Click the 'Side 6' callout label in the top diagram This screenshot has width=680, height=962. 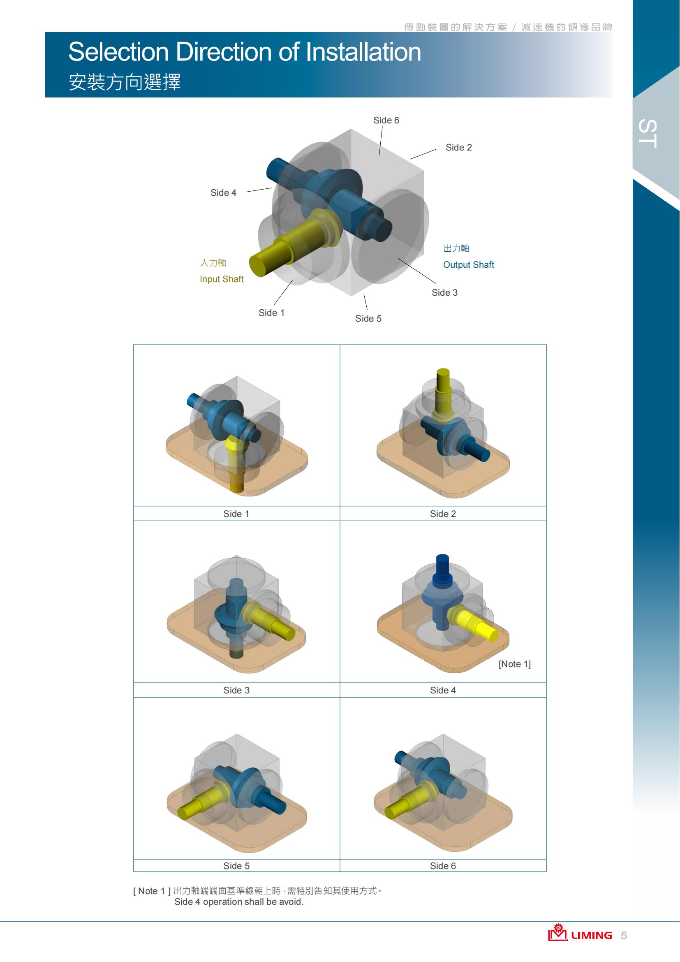coord(386,120)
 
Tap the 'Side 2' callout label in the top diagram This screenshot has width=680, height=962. coord(458,148)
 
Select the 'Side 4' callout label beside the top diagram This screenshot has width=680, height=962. coord(223,193)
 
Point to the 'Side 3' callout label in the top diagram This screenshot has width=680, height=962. coord(445,292)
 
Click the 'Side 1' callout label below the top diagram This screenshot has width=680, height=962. coord(271,313)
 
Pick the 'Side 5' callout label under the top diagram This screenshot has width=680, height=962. coord(368,318)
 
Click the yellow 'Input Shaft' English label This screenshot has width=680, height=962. coord(222,279)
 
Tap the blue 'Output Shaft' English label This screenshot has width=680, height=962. coord(469,265)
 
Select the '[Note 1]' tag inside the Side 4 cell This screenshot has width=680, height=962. coord(515,664)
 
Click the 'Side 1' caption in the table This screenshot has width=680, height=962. coord(236,514)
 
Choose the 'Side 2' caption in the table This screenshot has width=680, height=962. coord(443,514)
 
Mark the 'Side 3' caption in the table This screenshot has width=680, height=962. coord(236,690)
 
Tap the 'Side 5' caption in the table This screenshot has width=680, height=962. coord(236,866)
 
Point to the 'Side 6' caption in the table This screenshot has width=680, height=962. coord(443,866)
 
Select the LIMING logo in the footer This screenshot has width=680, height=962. coord(580,933)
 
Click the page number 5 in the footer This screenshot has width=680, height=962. coord(624,935)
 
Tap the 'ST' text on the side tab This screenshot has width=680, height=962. coord(648,133)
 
